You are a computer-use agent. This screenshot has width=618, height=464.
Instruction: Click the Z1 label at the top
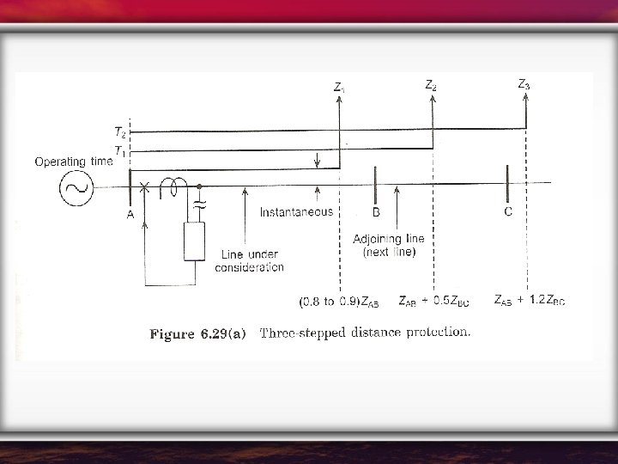coord(340,87)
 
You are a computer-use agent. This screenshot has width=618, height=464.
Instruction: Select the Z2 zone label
coord(431,85)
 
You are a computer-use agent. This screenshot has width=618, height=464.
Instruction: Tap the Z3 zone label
coord(524,84)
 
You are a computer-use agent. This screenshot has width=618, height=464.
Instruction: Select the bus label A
coord(130,216)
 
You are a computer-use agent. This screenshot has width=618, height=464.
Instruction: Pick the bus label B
coord(376,211)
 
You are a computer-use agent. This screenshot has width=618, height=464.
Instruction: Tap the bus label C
coord(509,211)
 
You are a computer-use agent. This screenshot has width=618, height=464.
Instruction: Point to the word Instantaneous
coord(296,211)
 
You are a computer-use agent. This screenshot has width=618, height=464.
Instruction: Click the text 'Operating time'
coord(73,161)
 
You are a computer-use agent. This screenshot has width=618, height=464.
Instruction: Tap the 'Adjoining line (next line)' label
coord(389,245)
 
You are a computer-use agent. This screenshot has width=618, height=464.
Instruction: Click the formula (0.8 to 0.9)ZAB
coord(338,302)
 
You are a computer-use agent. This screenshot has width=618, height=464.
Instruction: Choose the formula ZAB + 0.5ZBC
coord(434,301)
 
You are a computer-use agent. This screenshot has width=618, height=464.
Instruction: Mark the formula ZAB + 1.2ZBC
coord(529,300)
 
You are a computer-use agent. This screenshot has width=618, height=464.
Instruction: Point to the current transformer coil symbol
coord(177,183)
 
